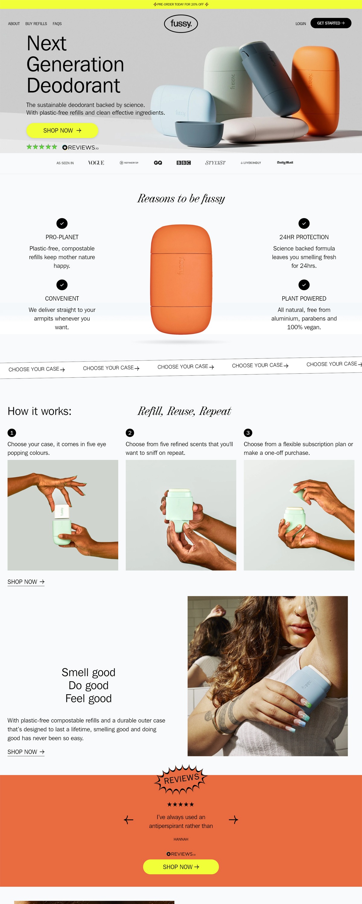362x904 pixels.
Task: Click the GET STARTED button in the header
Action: pyautogui.click(x=330, y=23)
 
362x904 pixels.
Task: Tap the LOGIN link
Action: pyautogui.click(x=300, y=24)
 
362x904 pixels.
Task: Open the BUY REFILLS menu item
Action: pyautogui.click(x=36, y=24)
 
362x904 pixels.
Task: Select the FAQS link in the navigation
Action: pyautogui.click(x=57, y=24)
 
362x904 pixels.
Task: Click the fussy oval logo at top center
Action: pyautogui.click(x=181, y=24)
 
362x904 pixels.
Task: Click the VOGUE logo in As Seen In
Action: pyautogui.click(x=96, y=162)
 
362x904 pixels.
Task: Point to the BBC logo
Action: pyautogui.click(x=183, y=162)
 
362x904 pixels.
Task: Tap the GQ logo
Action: pyautogui.click(x=158, y=162)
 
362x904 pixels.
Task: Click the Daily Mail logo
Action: pyautogui.click(x=285, y=162)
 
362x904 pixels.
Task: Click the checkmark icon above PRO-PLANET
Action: pyautogui.click(x=62, y=223)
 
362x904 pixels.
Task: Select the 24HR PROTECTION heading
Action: pyautogui.click(x=304, y=237)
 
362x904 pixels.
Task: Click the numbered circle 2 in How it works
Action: pyautogui.click(x=130, y=432)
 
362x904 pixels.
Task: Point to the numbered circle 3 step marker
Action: pyautogui.click(x=248, y=432)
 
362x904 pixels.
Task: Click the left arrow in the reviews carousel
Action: pyautogui.click(x=129, y=819)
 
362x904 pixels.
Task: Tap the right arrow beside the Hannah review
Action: pyautogui.click(x=233, y=819)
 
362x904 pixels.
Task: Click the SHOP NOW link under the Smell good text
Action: pyautogui.click(x=26, y=752)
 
